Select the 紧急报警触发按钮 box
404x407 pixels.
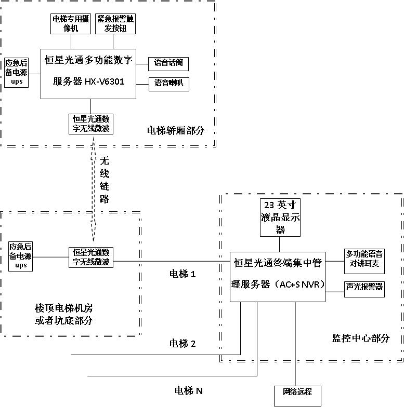pyautogui.click(x=115, y=24)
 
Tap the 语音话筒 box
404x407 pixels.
pyautogui.click(x=168, y=64)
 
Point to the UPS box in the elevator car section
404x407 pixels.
pyautogui.click(x=17, y=73)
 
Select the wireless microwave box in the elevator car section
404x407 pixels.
pyautogui.click(x=91, y=124)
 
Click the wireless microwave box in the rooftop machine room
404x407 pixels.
pyautogui.click(x=92, y=257)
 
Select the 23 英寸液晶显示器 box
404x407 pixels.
pyautogui.click(x=280, y=218)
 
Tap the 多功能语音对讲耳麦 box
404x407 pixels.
pyautogui.click(x=364, y=259)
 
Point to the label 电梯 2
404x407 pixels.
pyautogui.click(x=183, y=343)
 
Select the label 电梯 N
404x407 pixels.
pyautogui.click(x=188, y=390)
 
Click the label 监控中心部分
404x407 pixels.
pyautogui.click(x=360, y=338)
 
